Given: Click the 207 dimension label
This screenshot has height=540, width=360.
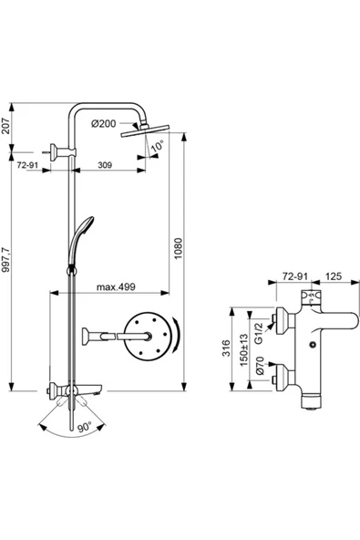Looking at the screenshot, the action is click(x=5, y=126).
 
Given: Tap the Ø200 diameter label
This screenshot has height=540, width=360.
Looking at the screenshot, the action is click(x=103, y=124).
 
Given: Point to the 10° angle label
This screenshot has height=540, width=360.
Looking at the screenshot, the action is click(x=158, y=146).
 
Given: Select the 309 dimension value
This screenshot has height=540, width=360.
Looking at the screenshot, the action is click(x=105, y=165).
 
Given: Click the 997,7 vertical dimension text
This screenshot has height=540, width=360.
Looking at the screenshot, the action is click(x=5, y=259).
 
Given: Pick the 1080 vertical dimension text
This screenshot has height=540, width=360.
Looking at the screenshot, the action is click(x=178, y=249).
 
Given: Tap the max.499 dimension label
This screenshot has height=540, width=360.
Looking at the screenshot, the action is click(x=116, y=286).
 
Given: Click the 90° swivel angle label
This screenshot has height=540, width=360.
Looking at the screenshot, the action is click(x=85, y=427).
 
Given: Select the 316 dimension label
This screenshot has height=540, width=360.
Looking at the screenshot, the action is click(x=226, y=348).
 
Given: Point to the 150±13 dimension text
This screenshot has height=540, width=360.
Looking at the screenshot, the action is click(x=243, y=350).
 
